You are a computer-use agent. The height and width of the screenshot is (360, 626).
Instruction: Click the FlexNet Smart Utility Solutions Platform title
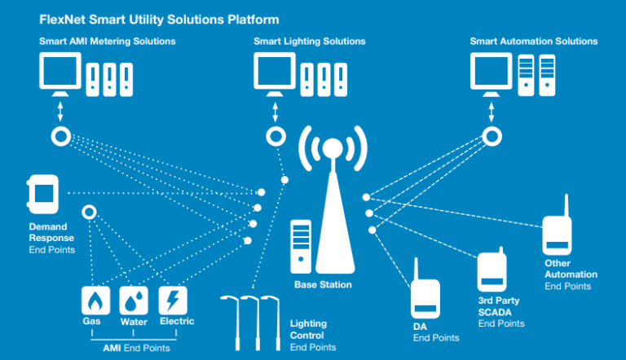click(x=159, y=19)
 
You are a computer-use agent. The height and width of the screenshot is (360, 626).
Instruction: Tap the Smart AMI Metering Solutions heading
click(x=107, y=41)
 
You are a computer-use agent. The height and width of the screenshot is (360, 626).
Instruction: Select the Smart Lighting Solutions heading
click(x=309, y=41)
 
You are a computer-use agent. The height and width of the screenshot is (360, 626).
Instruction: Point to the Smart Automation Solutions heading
click(x=533, y=41)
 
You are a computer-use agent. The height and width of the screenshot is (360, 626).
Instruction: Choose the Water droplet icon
click(x=134, y=301)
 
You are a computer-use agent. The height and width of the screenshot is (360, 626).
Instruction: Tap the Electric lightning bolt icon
click(x=173, y=301)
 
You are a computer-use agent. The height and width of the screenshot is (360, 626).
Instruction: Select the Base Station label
click(x=323, y=284)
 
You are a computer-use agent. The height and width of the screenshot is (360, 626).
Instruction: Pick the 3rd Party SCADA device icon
click(x=489, y=271)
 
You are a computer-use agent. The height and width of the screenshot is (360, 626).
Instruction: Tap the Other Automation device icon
click(x=557, y=234)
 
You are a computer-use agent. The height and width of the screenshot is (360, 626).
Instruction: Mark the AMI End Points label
click(x=136, y=348)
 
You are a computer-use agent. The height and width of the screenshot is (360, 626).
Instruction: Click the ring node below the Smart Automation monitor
click(x=492, y=136)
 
